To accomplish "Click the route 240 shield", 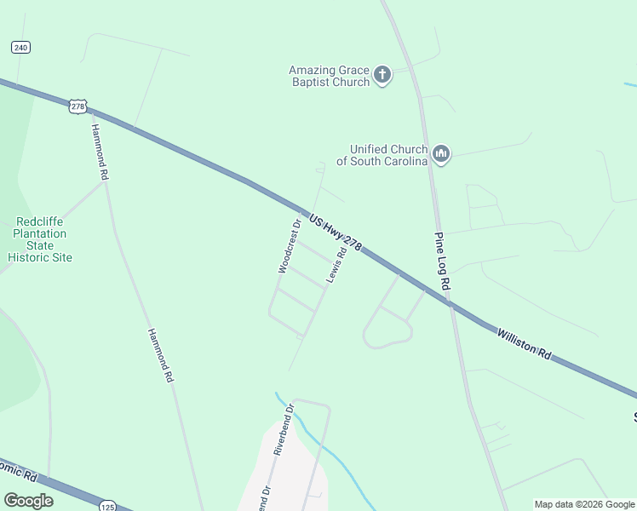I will pos(21,48).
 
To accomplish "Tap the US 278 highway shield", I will pos(78,106).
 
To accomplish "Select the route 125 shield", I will pos(106,504).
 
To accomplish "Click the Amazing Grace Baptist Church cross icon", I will pos(382,76).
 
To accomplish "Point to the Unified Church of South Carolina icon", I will pos(440,154).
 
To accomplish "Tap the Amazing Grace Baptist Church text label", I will pos(329,76).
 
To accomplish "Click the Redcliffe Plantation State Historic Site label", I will pos(40,239).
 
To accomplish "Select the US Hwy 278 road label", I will pos(336,233).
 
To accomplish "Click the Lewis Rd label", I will pos(336,266).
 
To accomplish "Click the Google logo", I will pos(28,501).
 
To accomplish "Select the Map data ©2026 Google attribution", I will pos(584,504).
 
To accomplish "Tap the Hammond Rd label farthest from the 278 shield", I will pos(160,354).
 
